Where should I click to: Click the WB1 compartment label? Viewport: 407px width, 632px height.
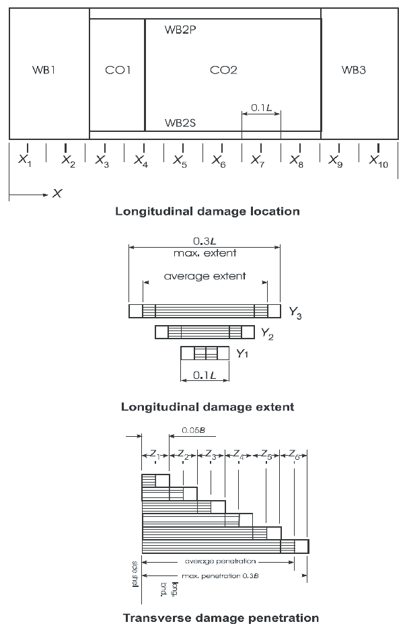click(x=44, y=69)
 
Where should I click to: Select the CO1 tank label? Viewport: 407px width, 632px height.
click(x=118, y=69)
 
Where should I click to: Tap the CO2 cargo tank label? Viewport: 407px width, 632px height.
click(x=223, y=69)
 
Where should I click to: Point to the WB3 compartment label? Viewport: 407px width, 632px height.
click(x=353, y=69)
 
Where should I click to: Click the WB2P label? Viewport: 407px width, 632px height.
click(x=180, y=30)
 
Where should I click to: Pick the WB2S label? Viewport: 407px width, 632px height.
click(x=180, y=123)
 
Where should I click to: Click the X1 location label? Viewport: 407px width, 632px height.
click(x=25, y=160)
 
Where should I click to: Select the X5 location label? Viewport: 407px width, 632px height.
click(x=180, y=160)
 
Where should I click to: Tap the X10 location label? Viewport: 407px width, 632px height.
click(x=379, y=160)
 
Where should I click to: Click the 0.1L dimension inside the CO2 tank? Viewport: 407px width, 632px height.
click(x=261, y=107)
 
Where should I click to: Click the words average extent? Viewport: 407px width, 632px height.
click(x=205, y=276)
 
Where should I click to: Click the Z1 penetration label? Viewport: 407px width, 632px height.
click(x=155, y=456)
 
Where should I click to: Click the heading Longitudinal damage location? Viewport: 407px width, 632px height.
click(x=207, y=211)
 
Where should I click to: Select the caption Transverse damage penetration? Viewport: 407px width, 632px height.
click(x=221, y=617)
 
